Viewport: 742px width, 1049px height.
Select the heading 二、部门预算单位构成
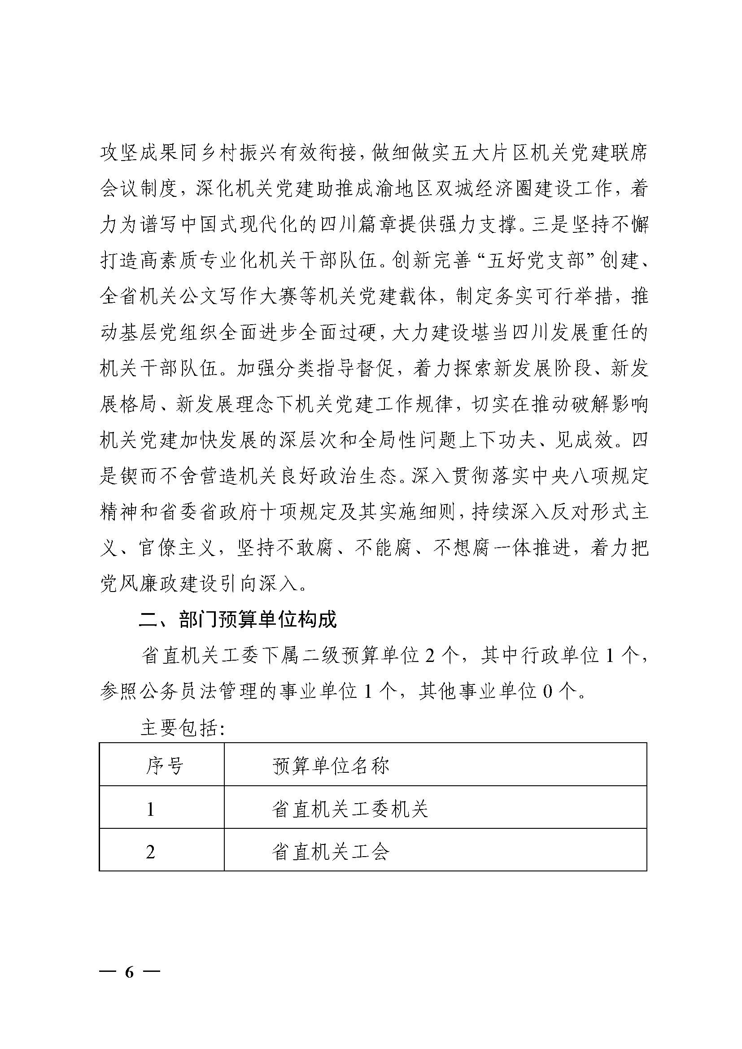238,620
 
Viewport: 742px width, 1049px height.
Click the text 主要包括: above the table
183,728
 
